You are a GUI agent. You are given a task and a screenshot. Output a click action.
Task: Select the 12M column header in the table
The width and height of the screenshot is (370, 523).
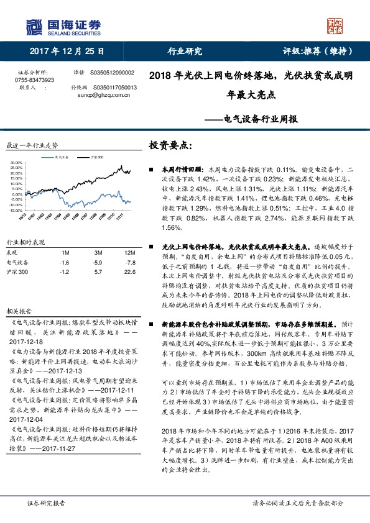129,252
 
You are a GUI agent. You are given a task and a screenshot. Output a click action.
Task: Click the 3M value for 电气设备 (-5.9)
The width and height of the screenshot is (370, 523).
98,263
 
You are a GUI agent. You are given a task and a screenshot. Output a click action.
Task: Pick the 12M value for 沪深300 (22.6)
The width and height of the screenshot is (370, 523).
129,272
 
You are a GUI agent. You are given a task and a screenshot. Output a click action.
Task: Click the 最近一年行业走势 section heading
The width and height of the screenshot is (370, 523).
32,145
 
